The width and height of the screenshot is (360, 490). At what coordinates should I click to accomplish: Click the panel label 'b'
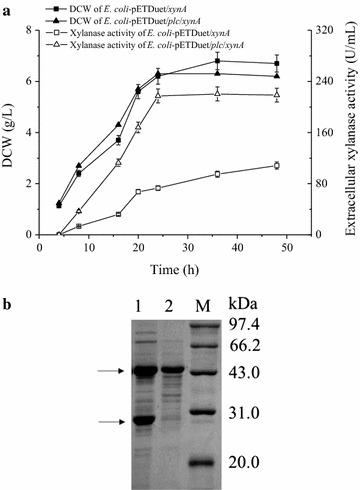click(8, 297)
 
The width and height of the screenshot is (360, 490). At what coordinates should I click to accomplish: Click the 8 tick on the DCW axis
click(28, 30)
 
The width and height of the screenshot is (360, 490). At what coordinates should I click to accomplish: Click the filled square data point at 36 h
click(218, 61)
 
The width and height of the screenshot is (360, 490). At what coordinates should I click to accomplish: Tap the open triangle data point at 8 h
click(78, 211)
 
